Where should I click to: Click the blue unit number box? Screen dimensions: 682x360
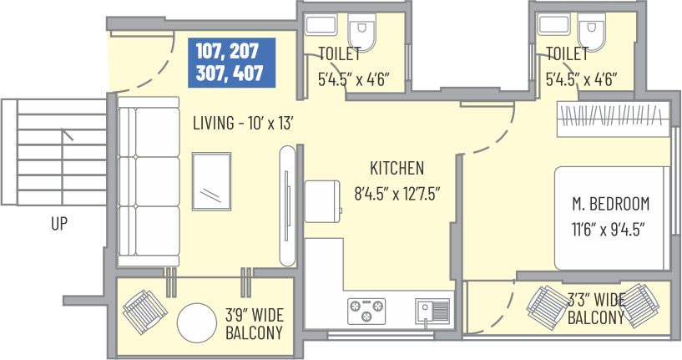[231, 63]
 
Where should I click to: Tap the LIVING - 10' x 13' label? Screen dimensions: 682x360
[243, 123]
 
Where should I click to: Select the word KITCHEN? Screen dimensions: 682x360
[397, 168]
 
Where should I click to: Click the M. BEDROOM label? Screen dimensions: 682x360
[611, 204]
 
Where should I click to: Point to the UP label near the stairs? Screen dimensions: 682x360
[59, 224]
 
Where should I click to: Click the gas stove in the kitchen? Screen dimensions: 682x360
[366, 311]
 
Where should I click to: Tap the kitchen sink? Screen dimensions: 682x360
[432, 311]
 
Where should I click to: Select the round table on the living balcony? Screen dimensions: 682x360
[197, 322]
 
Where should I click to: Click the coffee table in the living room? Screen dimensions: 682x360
[211, 181]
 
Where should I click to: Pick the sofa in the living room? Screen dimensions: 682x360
[149, 181]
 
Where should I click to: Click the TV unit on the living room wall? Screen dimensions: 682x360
[287, 205]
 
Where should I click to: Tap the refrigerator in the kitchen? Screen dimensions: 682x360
[322, 201]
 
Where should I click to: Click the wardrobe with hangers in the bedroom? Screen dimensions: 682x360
[614, 119]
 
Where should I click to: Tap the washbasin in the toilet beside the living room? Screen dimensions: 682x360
[321, 24]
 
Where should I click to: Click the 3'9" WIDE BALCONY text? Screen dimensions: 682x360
[255, 324]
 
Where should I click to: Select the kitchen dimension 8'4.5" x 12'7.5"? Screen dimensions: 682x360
[397, 193]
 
